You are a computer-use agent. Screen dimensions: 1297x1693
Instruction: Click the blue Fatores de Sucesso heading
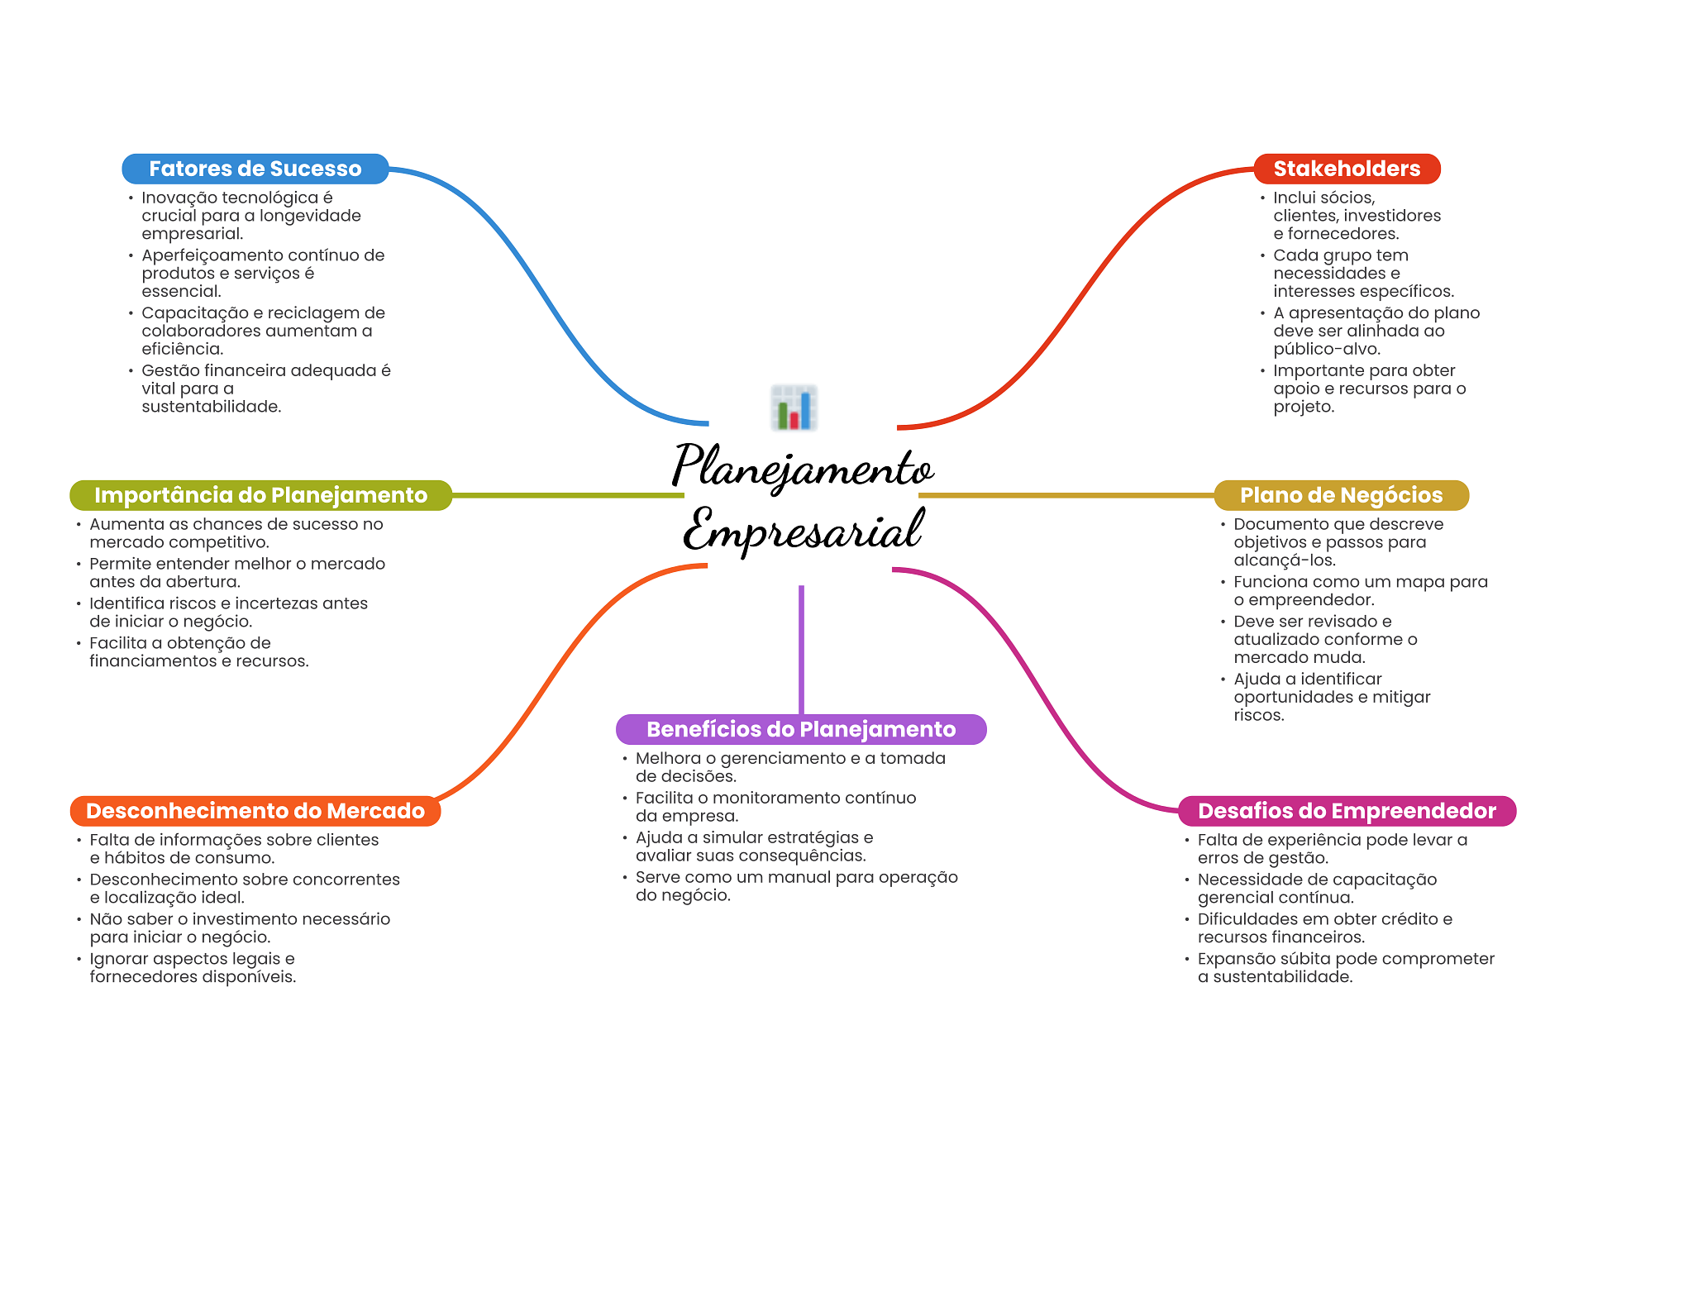tap(255, 169)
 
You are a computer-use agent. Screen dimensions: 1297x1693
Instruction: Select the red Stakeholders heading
tap(1346, 169)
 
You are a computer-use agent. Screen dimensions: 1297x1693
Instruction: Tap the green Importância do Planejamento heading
tap(260, 495)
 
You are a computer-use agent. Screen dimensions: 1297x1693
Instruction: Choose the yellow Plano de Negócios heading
tap(1341, 495)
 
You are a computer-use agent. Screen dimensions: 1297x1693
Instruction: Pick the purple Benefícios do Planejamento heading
tap(800, 729)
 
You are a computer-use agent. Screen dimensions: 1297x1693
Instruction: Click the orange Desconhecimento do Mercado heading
tap(255, 811)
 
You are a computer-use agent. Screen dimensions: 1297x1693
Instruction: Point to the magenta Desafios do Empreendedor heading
tap(1347, 811)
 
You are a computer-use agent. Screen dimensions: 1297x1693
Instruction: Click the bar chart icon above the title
tap(794, 408)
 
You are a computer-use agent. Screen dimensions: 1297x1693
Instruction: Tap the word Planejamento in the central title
tap(802, 467)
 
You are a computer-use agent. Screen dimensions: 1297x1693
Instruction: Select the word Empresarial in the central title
tap(802, 530)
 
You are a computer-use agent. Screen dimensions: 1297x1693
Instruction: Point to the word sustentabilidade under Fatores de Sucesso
tap(210, 407)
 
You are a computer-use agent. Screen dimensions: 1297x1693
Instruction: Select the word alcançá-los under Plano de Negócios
tap(1284, 560)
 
